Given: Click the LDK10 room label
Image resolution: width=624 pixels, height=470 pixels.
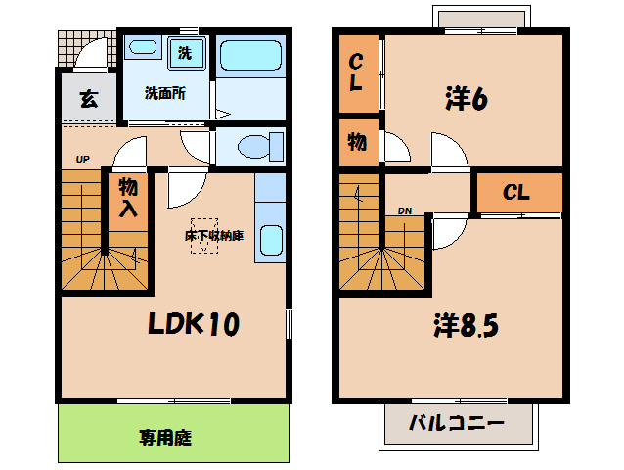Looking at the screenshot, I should point(195,323).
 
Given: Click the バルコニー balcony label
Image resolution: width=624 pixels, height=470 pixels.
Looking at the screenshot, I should point(456,426).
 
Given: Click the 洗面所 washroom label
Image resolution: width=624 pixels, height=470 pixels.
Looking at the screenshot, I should point(164,94).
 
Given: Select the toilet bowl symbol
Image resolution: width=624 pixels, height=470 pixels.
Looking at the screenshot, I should point(257,147).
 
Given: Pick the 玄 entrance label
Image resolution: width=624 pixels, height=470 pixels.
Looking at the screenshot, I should point(89,99).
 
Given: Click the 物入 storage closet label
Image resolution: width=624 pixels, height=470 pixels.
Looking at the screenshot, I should point(128,197).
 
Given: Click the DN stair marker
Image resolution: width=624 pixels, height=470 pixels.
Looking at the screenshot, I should point(404,211).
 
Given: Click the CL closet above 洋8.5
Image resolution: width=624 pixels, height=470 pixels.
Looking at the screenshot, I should point(517,193).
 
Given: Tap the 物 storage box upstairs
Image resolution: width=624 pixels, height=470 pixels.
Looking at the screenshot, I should point(358,142).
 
